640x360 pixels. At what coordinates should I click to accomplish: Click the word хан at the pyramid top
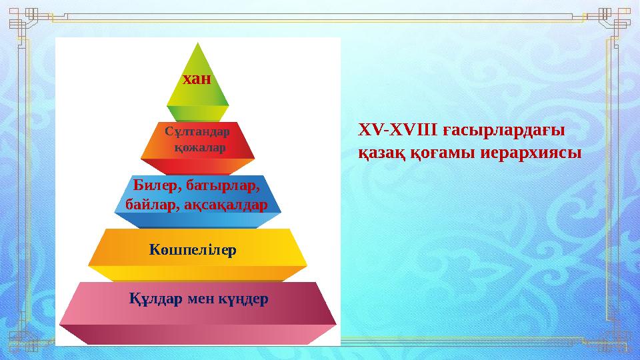tap(197, 79)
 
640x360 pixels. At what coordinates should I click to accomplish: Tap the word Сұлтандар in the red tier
tap(197, 131)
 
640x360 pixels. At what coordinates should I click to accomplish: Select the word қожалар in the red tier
tap(199, 147)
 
